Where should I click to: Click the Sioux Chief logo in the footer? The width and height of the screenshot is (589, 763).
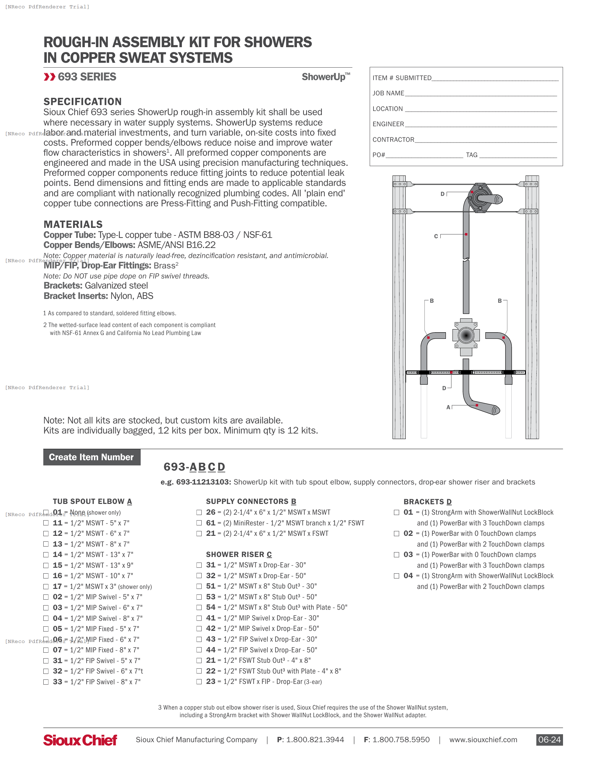(80, 740)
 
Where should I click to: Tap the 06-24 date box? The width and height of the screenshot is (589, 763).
(549, 740)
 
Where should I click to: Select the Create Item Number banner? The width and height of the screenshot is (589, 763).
(91, 457)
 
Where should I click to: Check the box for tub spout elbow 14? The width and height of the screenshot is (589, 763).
(46, 555)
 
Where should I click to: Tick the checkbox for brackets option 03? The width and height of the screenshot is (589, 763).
(396, 555)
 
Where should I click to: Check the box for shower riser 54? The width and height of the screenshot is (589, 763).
(199, 608)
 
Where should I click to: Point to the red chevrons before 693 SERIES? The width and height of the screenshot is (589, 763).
(49, 77)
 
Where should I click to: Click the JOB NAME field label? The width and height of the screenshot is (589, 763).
(388, 93)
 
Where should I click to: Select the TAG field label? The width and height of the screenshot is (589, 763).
(472, 155)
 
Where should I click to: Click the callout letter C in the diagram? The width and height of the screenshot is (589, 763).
(436, 237)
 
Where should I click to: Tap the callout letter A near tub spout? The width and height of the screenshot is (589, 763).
(448, 408)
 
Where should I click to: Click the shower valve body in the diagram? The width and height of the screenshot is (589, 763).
(466, 335)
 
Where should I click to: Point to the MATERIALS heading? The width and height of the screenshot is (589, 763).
(73, 224)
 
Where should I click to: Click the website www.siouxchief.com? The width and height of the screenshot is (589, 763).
(483, 740)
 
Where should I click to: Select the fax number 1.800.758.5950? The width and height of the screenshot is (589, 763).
(401, 740)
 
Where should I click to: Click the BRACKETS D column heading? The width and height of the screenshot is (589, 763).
(427, 502)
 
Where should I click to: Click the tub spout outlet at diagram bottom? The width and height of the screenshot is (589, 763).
(495, 410)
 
